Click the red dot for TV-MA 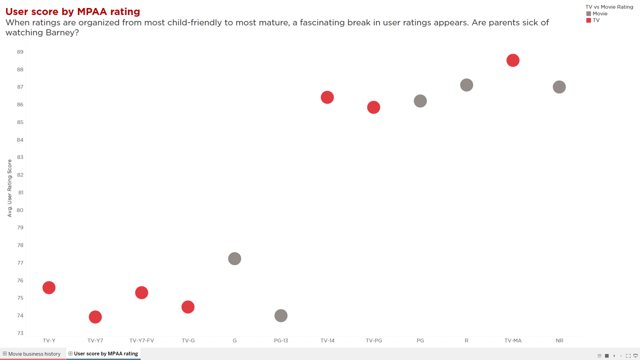[x=513, y=60]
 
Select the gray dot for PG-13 [x=281, y=315]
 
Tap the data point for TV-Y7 [x=95, y=317]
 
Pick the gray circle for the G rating [x=234, y=258]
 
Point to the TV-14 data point [x=327, y=97]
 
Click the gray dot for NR [x=559, y=87]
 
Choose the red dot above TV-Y [x=49, y=287]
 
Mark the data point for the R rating [x=466, y=85]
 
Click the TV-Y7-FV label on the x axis [x=141, y=340]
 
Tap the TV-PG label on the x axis [x=373, y=340]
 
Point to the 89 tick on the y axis [x=20, y=52]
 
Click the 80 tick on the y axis [x=20, y=210]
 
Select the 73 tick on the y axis [x=20, y=333]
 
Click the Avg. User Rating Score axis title [x=9, y=188]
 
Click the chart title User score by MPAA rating [x=73, y=11]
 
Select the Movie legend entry [x=597, y=13]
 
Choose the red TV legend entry [x=593, y=20]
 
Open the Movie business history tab [x=33, y=353]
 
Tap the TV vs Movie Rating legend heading [x=609, y=7]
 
